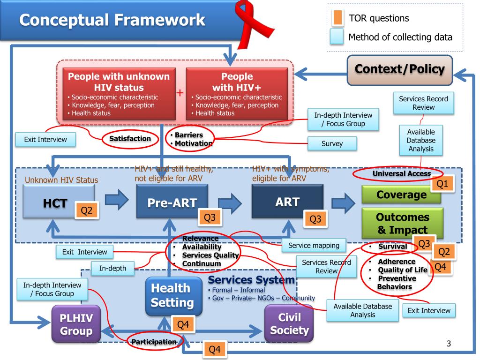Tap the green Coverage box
(x=401, y=194)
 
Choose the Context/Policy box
(x=400, y=69)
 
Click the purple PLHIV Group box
(x=76, y=324)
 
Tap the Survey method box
(x=332, y=144)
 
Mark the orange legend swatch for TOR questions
(x=337, y=19)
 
